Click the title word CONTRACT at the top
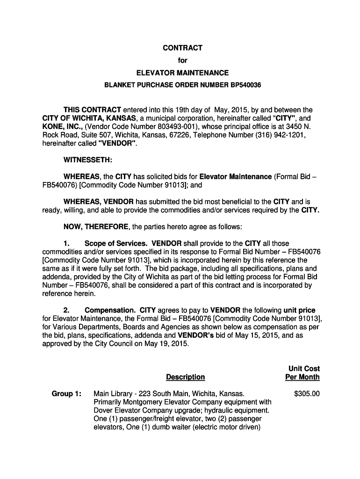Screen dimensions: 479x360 coord(182,48)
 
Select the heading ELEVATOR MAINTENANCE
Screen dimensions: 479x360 coord(182,73)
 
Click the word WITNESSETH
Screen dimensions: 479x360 coord(87,160)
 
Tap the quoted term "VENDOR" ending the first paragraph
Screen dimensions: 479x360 coord(117,144)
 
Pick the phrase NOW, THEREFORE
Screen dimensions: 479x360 coord(96,227)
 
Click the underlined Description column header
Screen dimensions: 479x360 coord(185,377)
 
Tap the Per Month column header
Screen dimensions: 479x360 coord(302,377)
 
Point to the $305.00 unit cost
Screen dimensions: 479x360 coord(307,394)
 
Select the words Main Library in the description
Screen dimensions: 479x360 coord(114,394)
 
